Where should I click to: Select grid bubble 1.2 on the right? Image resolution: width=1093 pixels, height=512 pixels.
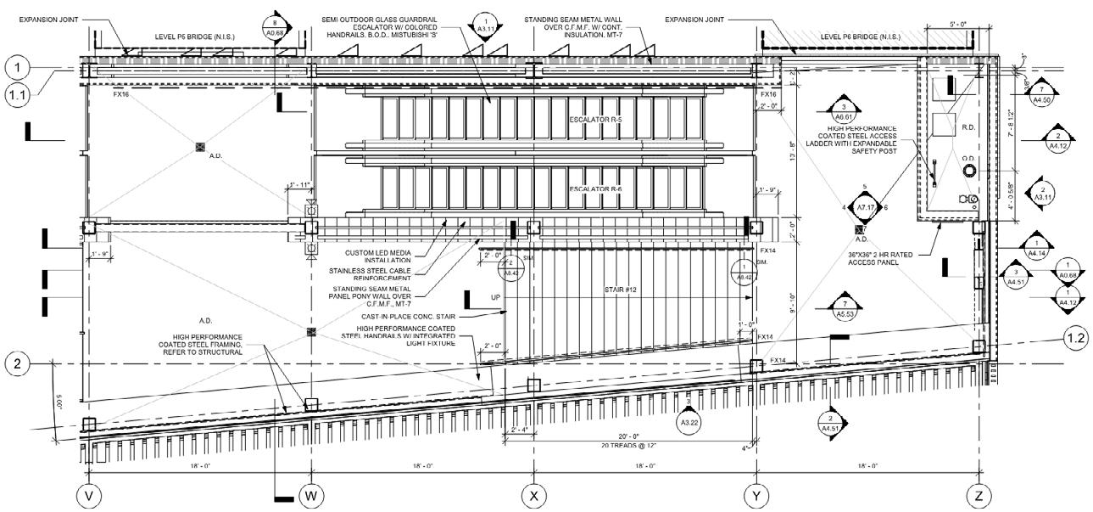[x=1075, y=339]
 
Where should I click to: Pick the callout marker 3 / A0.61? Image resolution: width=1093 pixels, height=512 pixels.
[x=844, y=112]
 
